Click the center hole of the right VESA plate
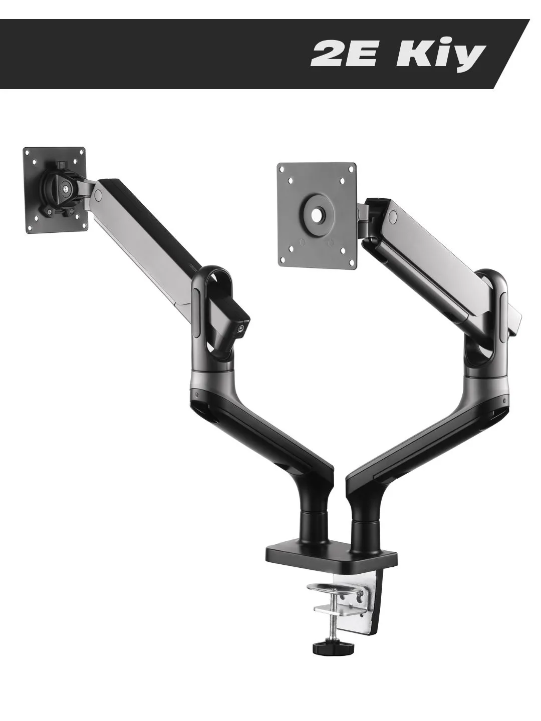click(x=317, y=215)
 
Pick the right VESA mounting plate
click(x=317, y=215)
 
